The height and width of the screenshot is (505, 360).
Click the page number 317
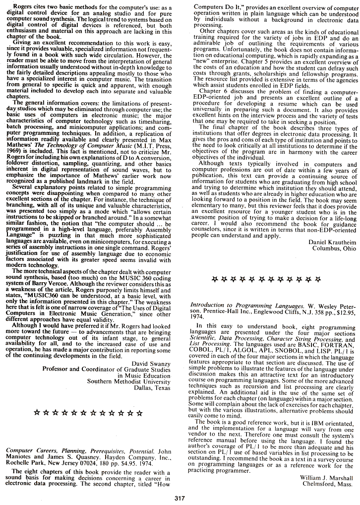click(x=180, y=498)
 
